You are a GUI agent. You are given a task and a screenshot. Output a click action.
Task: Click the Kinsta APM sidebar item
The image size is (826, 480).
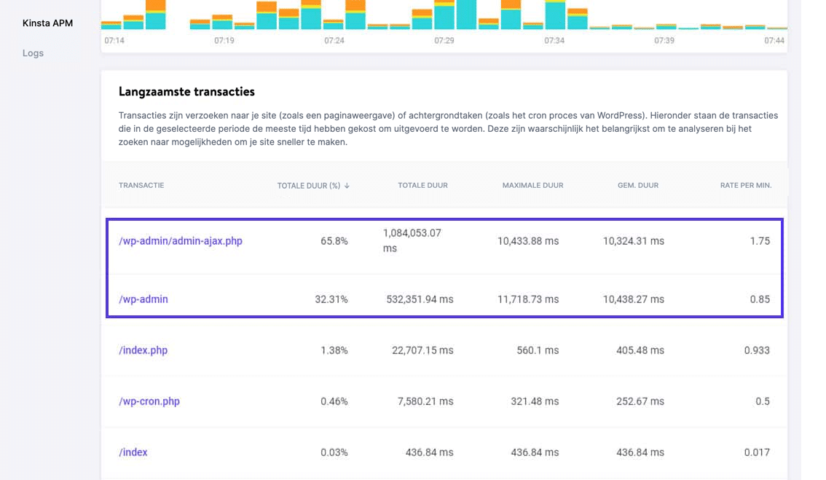point(47,23)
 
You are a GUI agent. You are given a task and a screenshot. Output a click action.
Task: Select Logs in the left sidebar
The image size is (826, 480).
point(33,53)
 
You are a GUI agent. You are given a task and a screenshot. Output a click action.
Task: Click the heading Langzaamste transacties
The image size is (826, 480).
point(186,92)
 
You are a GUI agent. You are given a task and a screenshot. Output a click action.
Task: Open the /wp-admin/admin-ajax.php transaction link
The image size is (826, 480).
point(180,241)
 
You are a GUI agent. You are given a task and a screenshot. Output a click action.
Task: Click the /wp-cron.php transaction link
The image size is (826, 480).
point(149,401)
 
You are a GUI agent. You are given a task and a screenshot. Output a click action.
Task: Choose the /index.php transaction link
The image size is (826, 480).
point(143,350)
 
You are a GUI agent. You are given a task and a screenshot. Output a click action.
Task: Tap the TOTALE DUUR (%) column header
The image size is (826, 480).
point(309,186)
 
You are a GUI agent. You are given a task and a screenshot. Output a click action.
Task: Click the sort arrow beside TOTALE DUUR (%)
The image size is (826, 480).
point(347,186)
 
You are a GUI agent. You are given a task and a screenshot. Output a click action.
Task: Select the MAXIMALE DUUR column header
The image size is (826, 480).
point(532,186)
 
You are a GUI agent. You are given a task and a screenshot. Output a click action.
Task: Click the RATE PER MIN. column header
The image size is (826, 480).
point(745,186)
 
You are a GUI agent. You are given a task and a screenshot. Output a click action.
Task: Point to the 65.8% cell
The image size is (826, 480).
point(334,241)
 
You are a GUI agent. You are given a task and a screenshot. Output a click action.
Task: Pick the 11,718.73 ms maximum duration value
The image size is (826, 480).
point(528,299)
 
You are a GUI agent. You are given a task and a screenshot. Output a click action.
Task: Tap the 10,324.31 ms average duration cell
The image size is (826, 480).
point(633,241)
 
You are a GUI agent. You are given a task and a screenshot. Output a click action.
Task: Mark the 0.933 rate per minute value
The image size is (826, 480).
point(757,350)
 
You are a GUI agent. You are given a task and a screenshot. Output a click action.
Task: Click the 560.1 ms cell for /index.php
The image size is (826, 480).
point(538,350)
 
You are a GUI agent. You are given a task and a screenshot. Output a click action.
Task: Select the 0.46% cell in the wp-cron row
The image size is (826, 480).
point(334,401)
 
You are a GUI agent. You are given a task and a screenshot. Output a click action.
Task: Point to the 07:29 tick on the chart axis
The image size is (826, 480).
point(444,41)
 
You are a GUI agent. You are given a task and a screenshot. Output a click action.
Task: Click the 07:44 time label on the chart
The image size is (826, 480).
point(774,41)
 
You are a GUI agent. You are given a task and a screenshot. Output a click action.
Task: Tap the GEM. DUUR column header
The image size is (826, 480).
point(637,186)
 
